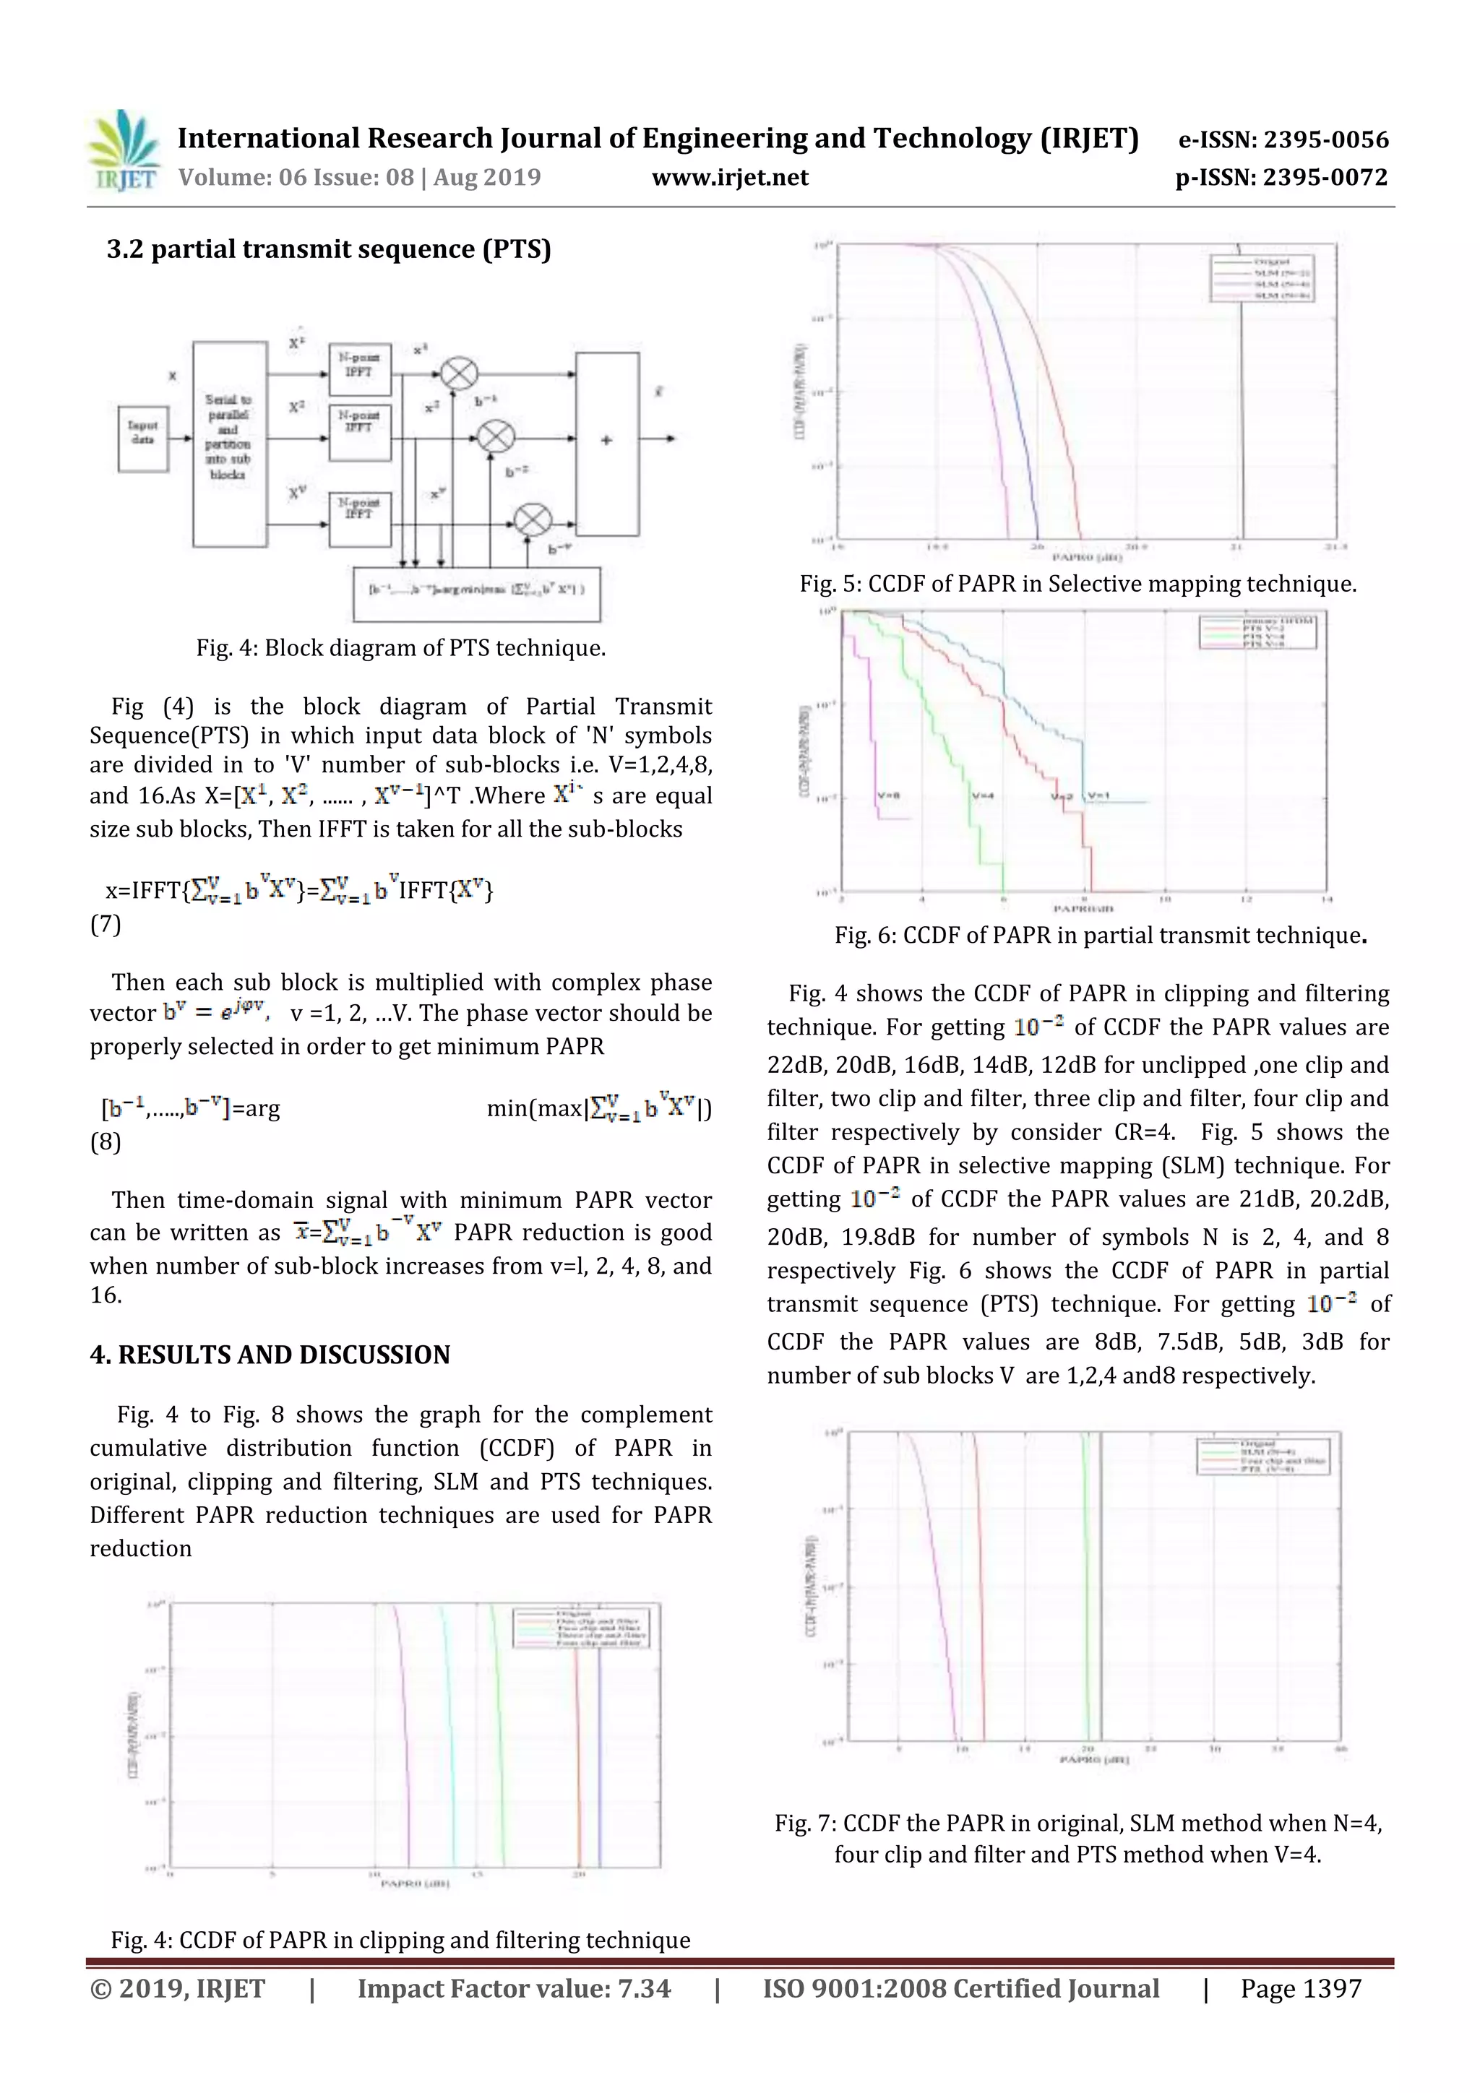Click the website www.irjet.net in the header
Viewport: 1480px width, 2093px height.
[729, 177]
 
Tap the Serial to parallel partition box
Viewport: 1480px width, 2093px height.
[229, 444]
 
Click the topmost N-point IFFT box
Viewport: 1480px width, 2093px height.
[359, 370]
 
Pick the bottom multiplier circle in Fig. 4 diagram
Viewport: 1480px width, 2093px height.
[533, 520]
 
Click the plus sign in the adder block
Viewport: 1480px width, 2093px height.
[606, 440]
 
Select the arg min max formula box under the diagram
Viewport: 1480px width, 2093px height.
[476, 590]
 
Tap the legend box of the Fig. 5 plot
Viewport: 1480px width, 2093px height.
[1262, 277]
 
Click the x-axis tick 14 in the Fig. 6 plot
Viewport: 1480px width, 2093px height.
[1326, 899]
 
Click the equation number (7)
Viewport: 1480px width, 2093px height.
[105, 924]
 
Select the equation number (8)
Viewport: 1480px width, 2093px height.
[105, 1142]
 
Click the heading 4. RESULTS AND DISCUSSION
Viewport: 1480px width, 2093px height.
[270, 1355]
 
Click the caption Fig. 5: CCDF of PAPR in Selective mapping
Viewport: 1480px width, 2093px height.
[1078, 584]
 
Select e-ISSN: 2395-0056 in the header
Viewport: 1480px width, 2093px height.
[1282, 139]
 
